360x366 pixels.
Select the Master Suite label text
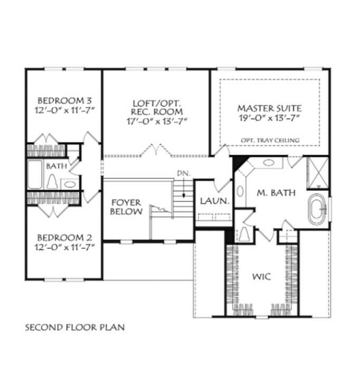pos(269,108)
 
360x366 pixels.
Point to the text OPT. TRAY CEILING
pos(269,140)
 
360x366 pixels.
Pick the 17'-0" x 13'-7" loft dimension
pos(157,121)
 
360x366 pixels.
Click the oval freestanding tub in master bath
pos(318,208)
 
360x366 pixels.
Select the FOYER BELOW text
pos(127,207)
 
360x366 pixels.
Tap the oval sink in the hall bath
pos(70,184)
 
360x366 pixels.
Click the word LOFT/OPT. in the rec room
pos(157,102)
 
